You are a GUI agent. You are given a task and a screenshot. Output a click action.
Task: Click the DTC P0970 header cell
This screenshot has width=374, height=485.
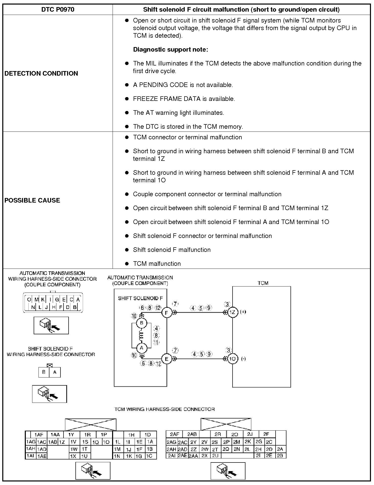click(x=58, y=10)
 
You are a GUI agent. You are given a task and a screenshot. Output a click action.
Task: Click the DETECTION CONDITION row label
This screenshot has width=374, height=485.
click(x=41, y=73)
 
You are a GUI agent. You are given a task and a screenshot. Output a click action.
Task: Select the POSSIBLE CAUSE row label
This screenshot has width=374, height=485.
click(x=32, y=200)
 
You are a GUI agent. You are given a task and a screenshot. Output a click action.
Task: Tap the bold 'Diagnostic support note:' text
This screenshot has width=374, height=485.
click(x=171, y=50)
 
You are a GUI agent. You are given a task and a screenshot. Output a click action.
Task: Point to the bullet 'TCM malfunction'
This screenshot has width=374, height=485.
click(x=157, y=263)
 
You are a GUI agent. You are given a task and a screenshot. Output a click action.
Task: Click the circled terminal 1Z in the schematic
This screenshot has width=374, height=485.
click(x=233, y=312)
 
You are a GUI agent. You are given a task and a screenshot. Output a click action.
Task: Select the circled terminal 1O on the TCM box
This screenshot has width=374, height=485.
click(x=233, y=359)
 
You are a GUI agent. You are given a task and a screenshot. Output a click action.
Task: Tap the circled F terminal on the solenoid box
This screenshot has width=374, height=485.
click(x=167, y=313)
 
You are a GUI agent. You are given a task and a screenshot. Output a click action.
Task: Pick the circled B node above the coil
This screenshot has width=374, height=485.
click(x=141, y=323)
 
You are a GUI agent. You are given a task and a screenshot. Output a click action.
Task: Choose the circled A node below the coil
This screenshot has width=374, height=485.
click(x=141, y=348)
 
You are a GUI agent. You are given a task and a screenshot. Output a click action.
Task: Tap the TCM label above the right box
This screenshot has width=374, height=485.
click(x=263, y=283)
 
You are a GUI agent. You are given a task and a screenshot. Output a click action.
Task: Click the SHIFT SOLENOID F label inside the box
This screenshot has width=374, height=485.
click(x=140, y=298)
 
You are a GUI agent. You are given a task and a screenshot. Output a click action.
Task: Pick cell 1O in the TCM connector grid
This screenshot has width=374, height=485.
click(x=106, y=442)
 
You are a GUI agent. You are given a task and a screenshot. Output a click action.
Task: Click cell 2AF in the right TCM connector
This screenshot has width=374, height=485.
click(x=174, y=434)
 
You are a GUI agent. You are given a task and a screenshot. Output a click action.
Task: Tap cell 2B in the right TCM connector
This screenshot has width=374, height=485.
click(x=280, y=455)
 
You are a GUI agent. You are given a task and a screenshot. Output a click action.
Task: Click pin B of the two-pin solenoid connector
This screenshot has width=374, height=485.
click(x=44, y=372)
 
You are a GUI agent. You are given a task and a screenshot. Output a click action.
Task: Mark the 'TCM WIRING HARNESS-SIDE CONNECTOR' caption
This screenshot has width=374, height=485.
click(x=164, y=409)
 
